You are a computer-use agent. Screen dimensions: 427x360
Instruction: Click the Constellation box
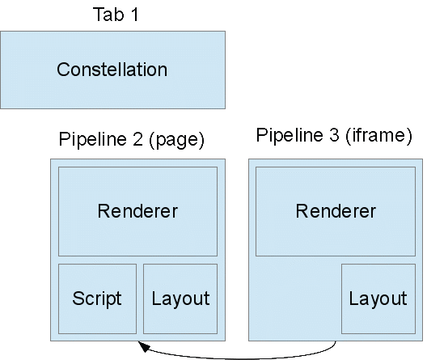point(112,70)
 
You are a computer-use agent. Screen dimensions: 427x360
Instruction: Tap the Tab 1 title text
point(116,15)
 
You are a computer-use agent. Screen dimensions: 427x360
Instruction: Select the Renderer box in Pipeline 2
point(137,211)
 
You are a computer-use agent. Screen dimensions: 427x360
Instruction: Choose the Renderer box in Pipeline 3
point(336,211)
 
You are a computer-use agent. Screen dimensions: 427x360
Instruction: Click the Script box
point(97,299)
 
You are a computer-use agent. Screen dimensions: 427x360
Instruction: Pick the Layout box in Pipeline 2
point(180,299)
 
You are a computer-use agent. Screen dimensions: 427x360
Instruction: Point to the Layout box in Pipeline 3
point(378,299)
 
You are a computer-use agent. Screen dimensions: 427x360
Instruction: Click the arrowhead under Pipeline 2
point(144,346)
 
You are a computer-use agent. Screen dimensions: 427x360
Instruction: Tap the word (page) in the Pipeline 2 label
point(176,140)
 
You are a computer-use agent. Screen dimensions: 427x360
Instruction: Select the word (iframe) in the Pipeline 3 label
point(378,135)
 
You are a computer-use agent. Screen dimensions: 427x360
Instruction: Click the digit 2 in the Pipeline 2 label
point(137,139)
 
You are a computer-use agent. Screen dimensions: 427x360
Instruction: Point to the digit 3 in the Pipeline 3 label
point(334,134)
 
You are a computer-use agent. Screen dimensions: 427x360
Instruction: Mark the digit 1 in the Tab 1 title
point(134,15)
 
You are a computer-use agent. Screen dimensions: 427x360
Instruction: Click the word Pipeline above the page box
point(93,139)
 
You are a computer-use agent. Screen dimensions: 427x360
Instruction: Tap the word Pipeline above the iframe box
point(290,134)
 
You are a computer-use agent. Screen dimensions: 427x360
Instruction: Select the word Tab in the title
point(108,15)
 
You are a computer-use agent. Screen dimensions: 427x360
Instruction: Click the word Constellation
point(112,70)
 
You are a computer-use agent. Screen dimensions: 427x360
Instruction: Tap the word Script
point(97,299)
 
